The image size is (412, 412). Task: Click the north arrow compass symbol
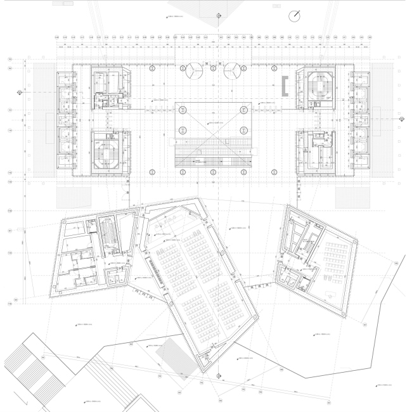click(295, 16)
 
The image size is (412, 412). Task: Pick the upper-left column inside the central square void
click(182, 110)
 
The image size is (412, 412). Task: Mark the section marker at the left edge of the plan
click(20, 93)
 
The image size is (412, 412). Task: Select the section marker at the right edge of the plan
click(402, 119)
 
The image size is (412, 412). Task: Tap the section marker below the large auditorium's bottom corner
click(217, 375)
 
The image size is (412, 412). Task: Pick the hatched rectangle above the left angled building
click(70, 196)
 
